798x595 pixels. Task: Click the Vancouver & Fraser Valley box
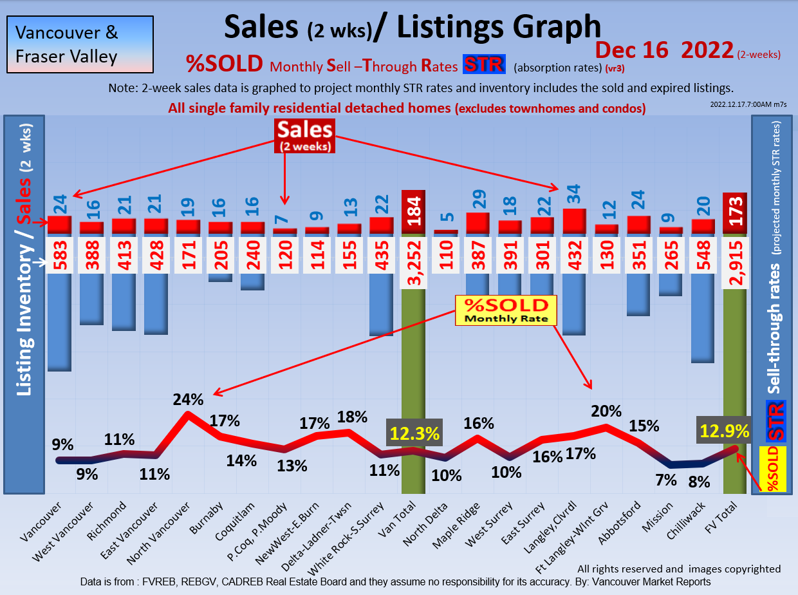(x=80, y=44)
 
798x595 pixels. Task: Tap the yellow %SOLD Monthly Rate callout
(x=506, y=310)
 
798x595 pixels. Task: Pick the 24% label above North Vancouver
(x=188, y=399)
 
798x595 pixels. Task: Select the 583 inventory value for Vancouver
(x=59, y=255)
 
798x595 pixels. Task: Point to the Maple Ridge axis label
(x=468, y=525)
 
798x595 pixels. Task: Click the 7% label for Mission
(x=666, y=479)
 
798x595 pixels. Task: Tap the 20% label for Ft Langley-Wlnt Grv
(x=606, y=411)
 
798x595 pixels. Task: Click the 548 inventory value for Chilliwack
(x=703, y=255)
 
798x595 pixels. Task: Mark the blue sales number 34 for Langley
(x=574, y=193)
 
